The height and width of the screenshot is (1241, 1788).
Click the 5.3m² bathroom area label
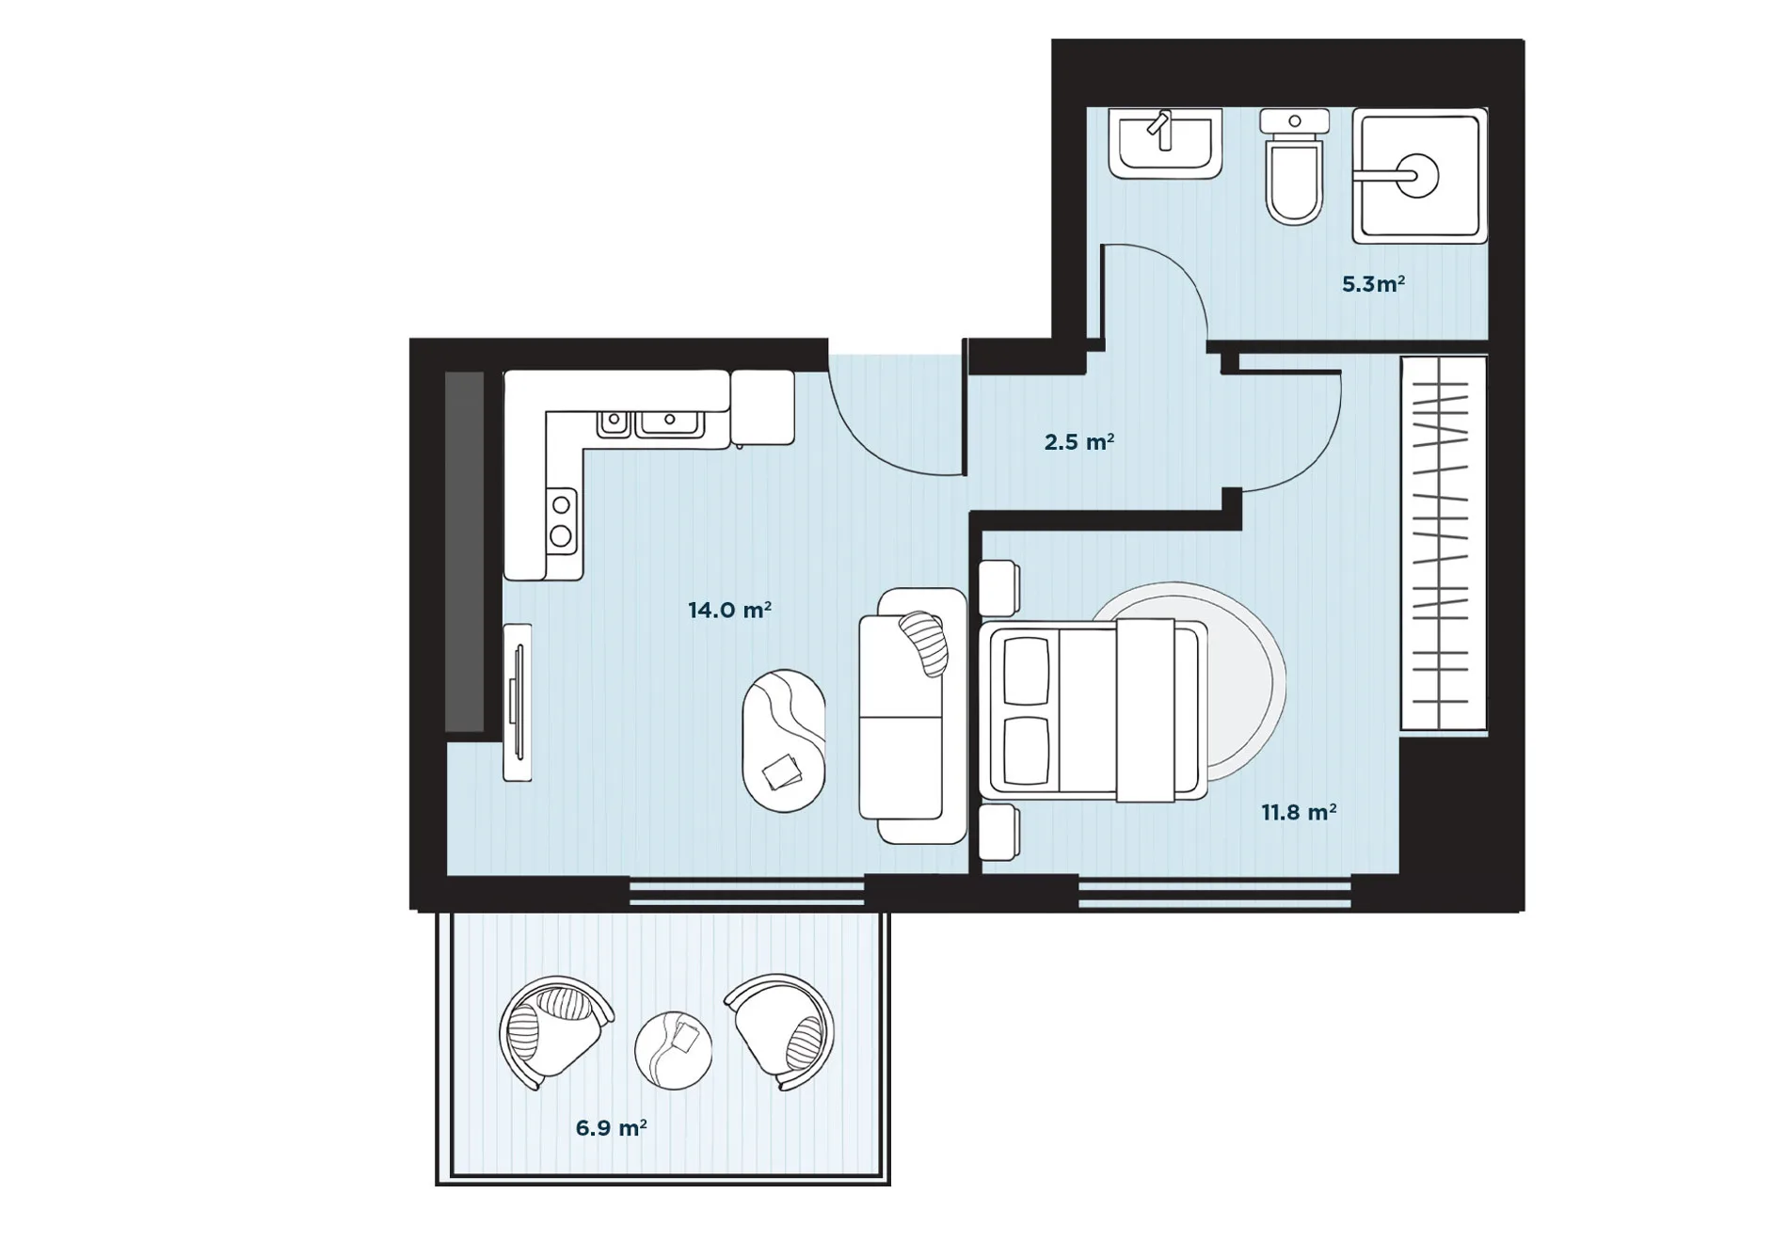(x=1373, y=283)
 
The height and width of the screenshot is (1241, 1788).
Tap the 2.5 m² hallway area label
(x=1079, y=441)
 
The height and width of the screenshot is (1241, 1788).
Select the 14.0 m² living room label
(x=729, y=610)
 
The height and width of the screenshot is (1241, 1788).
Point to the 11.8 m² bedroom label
(x=1299, y=811)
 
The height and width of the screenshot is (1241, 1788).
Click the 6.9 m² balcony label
(x=611, y=1127)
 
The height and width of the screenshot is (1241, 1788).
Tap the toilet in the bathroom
(x=1294, y=167)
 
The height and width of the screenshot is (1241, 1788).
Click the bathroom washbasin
(x=1165, y=143)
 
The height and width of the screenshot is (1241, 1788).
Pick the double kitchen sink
(x=650, y=424)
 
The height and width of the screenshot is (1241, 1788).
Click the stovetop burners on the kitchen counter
(x=561, y=519)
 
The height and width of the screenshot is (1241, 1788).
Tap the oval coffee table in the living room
(x=784, y=740)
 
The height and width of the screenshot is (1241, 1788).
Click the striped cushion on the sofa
(x=923, y=643)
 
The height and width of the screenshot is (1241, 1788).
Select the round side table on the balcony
(x=673, y=1050)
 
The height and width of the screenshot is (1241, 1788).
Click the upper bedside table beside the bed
(x=999, y=588)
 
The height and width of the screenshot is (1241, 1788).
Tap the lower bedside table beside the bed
(x=999, y=832)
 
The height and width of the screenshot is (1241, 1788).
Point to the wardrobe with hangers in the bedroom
(x=1444, y=543)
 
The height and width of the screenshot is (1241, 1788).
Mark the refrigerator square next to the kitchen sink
(x=762, y=407)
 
